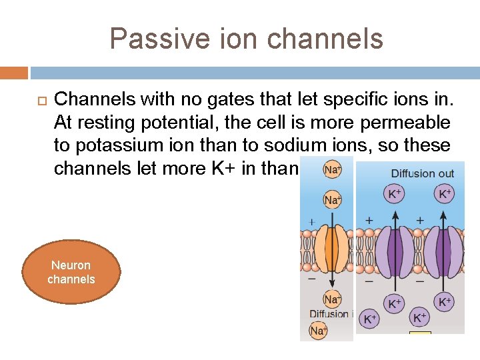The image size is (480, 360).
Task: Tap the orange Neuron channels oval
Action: (x=71, y=272)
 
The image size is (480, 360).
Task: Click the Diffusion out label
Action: (x=422, y=174)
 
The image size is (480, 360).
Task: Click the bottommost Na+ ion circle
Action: (x=318, y=331)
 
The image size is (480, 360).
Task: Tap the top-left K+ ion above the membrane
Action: (x=395, y=194)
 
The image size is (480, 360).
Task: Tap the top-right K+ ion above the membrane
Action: (x=445, y=194)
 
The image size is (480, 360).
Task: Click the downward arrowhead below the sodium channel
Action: (x=331, y=288)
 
